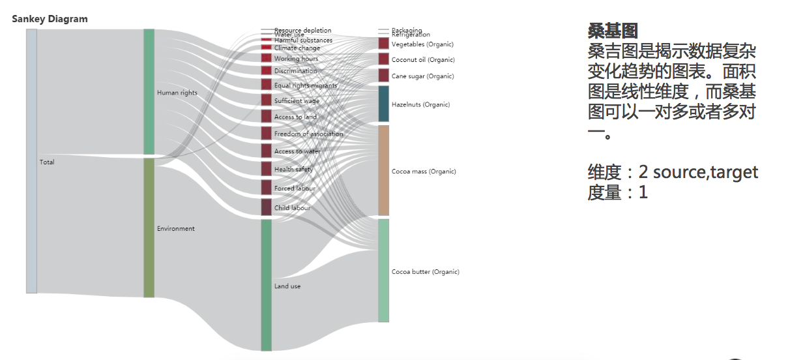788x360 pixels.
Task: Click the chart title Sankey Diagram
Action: tap(50, 19)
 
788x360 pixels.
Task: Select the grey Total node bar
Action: tap(31, 161)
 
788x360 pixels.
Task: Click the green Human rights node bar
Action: tap(149, 91)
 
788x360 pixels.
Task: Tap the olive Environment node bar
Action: tap(149, 228)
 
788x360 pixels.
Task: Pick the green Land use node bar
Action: tap(266, 285)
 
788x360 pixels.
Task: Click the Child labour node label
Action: tap(292, 208)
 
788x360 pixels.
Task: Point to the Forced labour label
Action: tap(295, 188)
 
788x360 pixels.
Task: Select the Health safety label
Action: tap(293, 170)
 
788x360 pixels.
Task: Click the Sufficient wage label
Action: tap(297, 101)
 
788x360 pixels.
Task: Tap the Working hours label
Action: tap(296, 59)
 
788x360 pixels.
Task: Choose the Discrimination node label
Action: tap(295, 71)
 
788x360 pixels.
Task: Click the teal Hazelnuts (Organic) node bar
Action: tap(383, 104)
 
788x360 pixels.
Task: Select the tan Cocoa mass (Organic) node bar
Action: tap(383, 171)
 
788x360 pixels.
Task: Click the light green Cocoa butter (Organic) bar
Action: tap(383, 271)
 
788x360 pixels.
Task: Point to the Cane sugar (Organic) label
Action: tap(422, 76)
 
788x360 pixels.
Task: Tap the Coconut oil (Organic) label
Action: tap(423, 60)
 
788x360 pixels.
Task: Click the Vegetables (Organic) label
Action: tap(422, 44)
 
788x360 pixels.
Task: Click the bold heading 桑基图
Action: tap(613, 30)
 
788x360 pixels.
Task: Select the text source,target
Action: tap(705, 172)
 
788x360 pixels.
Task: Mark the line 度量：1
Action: tap(617, 193)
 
